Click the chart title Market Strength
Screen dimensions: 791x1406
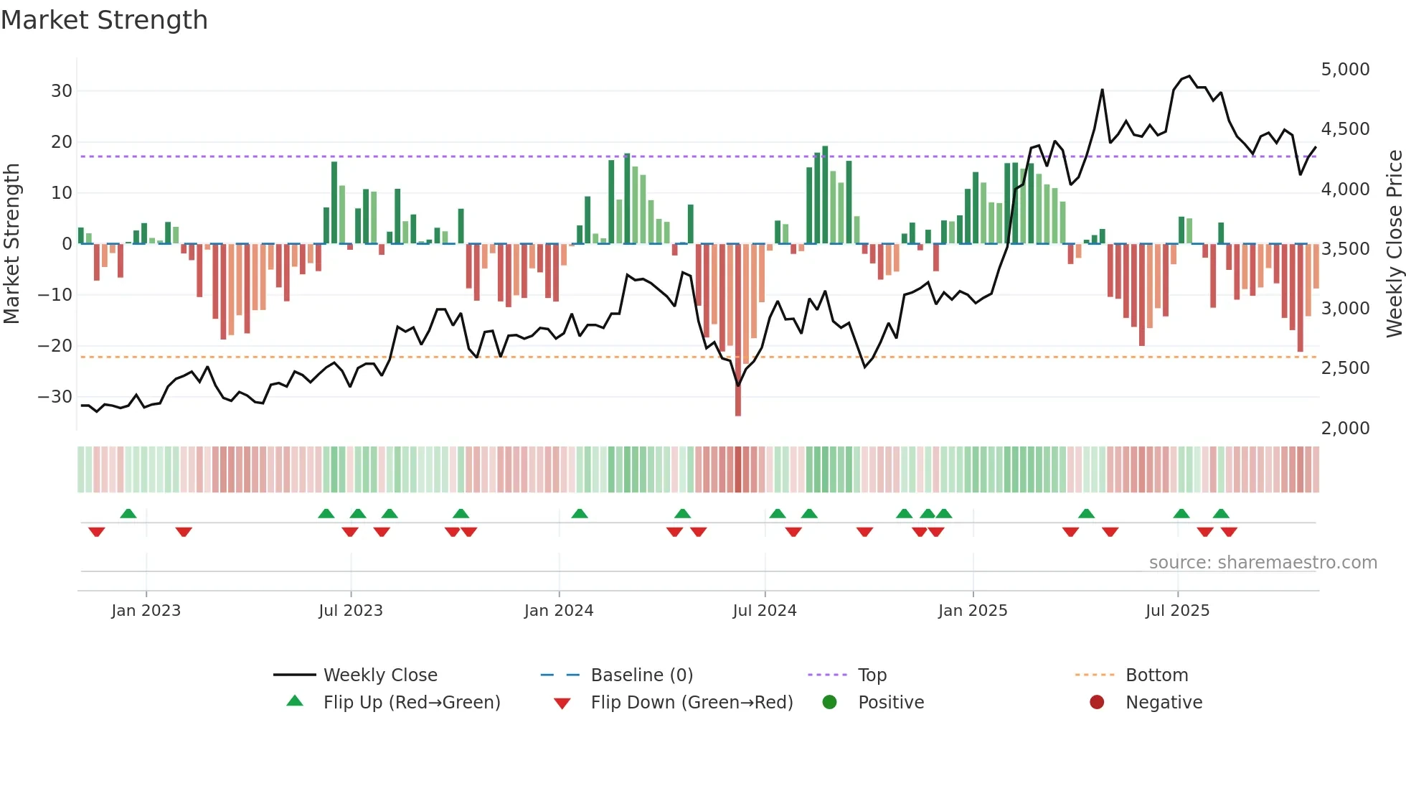point(104,20)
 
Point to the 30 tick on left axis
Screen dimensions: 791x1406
point(62,91)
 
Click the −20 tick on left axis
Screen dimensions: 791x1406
point(55,346)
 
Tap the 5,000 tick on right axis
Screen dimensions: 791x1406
point(1345,70)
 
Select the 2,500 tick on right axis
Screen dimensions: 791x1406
point(1345,368)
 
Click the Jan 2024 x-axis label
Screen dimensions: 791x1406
point(558,611)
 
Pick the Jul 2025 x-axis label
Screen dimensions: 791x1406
point(1176,611)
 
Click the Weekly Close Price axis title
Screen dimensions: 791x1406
point(1394,244)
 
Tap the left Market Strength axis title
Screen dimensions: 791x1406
point(12,244)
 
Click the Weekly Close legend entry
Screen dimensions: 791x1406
point(379,675)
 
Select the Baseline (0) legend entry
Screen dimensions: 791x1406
point(641,675)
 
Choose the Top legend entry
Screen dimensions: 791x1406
point(872,675)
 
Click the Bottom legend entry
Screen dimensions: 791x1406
point(1156,675)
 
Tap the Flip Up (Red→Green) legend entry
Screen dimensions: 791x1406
point(411,703)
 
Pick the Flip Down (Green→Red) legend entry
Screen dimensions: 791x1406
point(692,703)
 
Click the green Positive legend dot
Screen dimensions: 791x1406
point(829,703)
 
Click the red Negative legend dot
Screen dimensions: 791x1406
point(1096,703)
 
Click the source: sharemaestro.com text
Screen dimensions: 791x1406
point(1263,563)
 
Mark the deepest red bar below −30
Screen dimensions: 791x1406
point(737,330)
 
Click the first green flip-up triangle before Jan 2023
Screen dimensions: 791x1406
point(128,514)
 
